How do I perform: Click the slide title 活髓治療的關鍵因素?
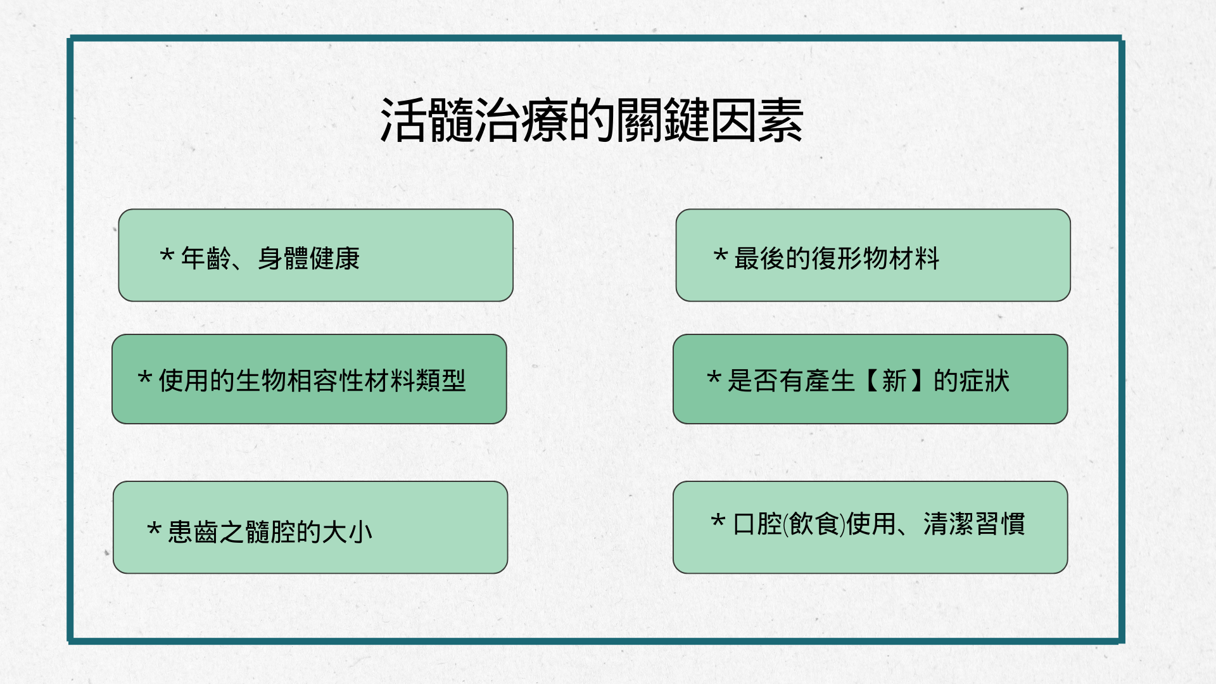(x=592, y=120)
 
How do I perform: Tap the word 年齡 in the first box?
(x=206, y=258)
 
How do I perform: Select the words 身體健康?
(x=309, y=258)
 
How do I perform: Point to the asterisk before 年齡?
(x=167, y=256)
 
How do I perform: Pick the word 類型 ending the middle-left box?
(x=441, y=381)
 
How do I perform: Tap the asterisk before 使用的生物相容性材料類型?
(x=145, y=378)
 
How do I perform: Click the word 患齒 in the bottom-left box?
(x=193, y=532)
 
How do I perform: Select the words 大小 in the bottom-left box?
(x=347, y=532)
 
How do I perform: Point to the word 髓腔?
(x=270, y=532)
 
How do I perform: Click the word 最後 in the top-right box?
(x=759, y=258)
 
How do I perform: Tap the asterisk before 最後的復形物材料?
(x=720, y=256)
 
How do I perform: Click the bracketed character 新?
(x=894, y=381)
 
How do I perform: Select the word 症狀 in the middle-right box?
(x=985, y=381)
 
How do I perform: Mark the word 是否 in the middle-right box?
(x=753, y=381)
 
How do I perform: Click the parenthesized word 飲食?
(x=814, y=524)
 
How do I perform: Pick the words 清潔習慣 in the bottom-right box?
(x=974, y=524)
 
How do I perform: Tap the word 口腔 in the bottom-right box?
(x=757, y=524)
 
